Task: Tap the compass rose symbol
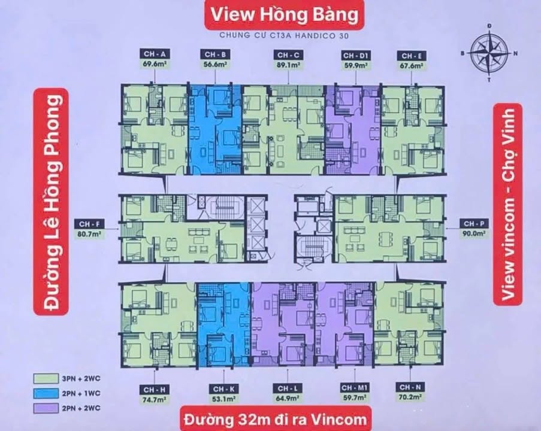[489, 52]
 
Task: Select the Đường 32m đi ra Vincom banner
[275, 417]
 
